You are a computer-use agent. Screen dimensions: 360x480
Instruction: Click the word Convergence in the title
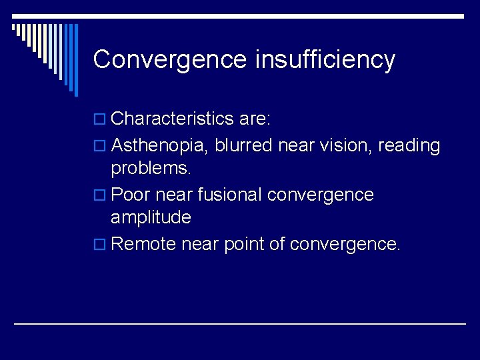pos(171,59)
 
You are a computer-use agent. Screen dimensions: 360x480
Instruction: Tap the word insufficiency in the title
pos(325,59)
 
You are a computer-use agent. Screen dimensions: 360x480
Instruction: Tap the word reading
pos(409,145)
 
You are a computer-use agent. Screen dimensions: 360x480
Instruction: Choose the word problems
pos(151,168)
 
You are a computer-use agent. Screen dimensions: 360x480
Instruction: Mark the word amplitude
pos(151,217)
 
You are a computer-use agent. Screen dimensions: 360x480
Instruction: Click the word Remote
pos(143,244)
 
